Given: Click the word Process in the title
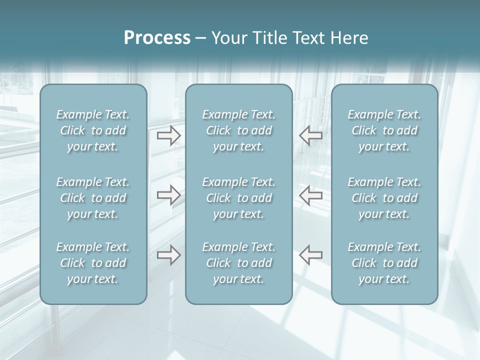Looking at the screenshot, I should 157,38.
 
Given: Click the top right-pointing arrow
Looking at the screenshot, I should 168,135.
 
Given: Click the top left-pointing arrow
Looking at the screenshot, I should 310,135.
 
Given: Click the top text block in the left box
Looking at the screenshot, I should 93,130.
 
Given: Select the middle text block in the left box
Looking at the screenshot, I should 93,198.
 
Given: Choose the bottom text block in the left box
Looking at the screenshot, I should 93,263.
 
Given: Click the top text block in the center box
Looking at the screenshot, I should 238,130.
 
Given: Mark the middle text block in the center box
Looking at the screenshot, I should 238,198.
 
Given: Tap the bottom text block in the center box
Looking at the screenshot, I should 238,263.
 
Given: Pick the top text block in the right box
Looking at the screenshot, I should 384,130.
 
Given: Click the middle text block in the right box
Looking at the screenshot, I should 384,198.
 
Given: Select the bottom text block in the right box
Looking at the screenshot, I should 384,263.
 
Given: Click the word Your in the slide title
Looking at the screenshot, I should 228,38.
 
